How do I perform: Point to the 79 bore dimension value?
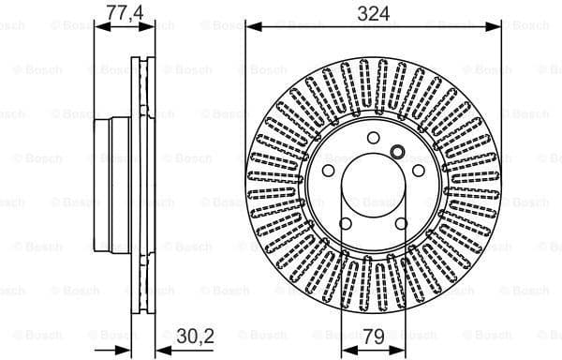[x=373, y=335]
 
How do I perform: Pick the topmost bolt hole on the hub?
[x=373, y=139]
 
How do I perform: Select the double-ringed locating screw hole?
[x=396, y=152]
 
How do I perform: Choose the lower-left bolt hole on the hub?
[x=346, y=222]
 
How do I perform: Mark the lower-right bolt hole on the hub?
[x=400, y=222]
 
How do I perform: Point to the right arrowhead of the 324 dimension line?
[x=495, y=28]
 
